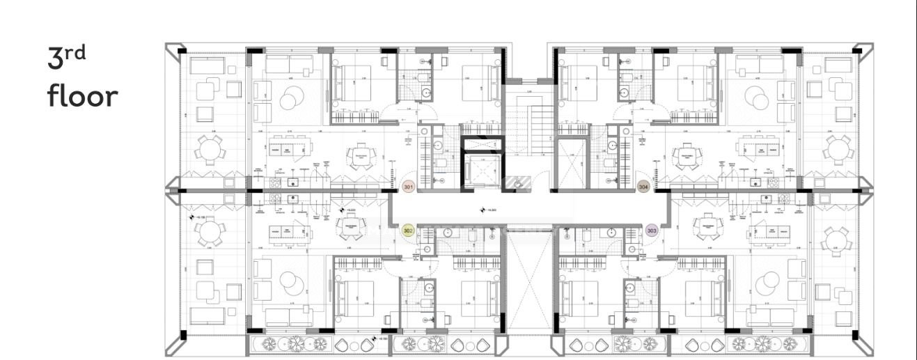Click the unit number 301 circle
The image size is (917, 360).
click(409, 187)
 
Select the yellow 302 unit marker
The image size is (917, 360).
click(409, 230)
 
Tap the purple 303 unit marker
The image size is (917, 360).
click(652, 230)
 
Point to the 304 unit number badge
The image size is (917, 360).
click(643, 187)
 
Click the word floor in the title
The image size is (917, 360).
click(83, 96)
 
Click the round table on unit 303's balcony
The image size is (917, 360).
click(836, 240)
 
